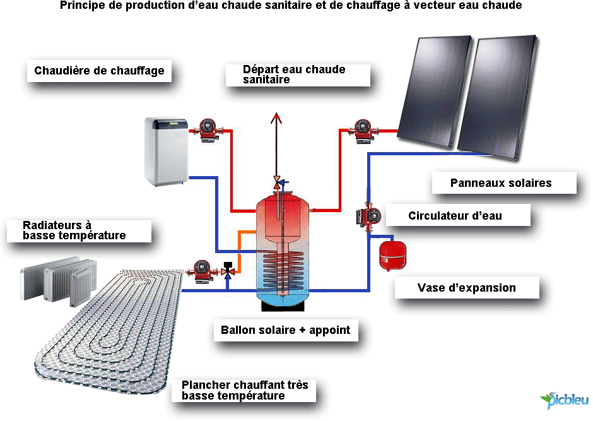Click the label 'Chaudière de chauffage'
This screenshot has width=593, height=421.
coord(99,71)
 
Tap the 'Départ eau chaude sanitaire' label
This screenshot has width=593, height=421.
coord(294,74)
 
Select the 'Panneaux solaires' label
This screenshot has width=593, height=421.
coord(501,183)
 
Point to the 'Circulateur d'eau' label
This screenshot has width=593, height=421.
coord(455,216)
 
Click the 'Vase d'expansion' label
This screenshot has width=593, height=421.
coord(466,288)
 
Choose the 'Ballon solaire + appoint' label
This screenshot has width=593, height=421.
coord(285,330)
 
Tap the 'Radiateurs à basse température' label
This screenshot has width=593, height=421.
coord(74,230)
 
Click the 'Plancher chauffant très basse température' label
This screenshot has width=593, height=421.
coord(240,390)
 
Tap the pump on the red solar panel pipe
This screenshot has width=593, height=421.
coord(363,129)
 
